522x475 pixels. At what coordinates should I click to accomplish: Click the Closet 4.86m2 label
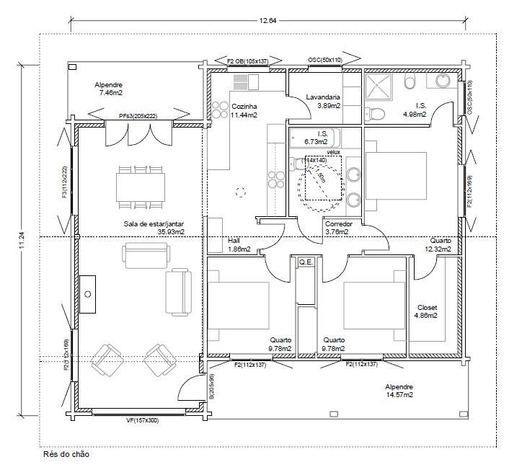coord(428,311)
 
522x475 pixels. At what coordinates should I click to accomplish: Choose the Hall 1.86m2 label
coord(239,245)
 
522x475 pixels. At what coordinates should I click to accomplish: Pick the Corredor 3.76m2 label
coord(337,228)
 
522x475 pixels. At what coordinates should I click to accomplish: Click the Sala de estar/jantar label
coord(152,228)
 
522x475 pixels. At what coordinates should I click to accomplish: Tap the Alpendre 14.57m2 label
coord(398,391)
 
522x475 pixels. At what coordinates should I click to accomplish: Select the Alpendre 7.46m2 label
coord(110,89)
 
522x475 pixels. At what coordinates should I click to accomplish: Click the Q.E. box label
coord(306,262)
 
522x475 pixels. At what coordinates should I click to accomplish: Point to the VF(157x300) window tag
coord(132,419)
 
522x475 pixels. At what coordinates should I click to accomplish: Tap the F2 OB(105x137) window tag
coord(247,61)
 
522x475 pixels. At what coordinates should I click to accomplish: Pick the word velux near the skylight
coord(332,152)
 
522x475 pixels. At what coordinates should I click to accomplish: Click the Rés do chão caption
coord(67,455)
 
